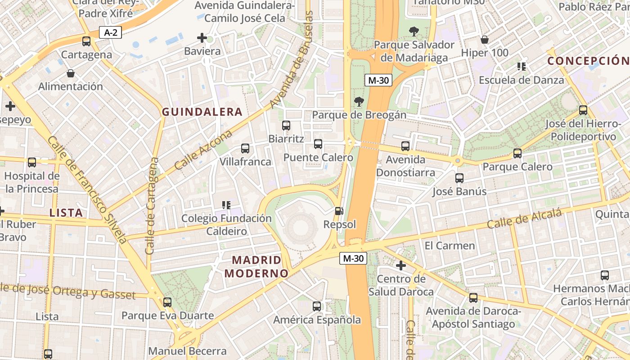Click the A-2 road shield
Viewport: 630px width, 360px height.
[x=111, y=32]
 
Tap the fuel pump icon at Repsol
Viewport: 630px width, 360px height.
[x=339, y=211]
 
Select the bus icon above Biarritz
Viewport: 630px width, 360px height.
[x=286, y=126]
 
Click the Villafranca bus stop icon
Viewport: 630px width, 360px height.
[x=245, y=148]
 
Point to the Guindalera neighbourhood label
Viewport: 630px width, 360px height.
[x=202, y=112]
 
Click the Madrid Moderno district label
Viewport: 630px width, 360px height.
[x=256, y=266]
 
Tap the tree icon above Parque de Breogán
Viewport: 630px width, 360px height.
[x=359, y=101]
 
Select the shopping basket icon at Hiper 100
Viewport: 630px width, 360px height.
[x=485, y=40]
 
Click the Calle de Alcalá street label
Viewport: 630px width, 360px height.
[x=524, y=219]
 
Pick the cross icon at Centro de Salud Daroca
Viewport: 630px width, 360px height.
[x=400, y=265]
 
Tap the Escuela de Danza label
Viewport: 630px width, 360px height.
[x=521, y=80]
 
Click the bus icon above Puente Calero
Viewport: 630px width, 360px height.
[x=318, y=144]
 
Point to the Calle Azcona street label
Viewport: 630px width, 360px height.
[x=203, y=150]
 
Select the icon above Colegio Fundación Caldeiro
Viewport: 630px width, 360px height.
[x=226, y=205]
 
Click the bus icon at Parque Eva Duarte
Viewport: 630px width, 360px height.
[x=167, y=302]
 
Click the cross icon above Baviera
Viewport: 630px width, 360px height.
[x=202, y=38]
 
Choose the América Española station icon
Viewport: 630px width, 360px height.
[x=317, y=306]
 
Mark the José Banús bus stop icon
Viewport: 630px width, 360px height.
[x=459, y=178]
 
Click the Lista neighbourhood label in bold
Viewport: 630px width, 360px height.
[x=66, y=213]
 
